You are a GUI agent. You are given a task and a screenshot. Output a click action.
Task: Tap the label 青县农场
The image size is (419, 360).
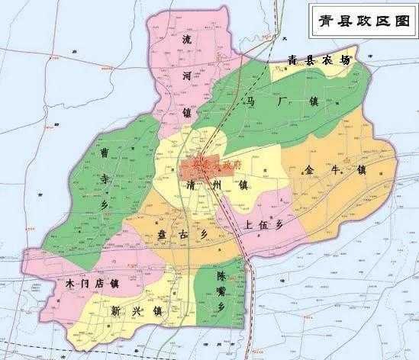[318, 60]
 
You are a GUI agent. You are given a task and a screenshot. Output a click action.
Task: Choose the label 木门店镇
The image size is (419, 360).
[89, 284]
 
